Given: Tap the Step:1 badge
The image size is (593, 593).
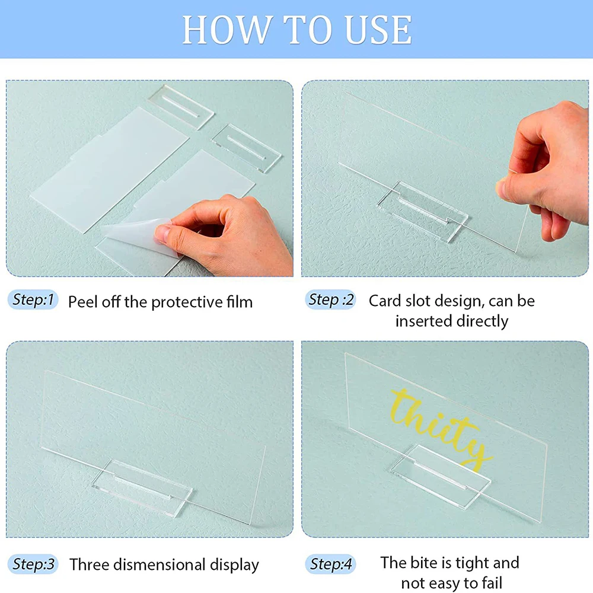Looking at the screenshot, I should pyautogui.click(x=33, y=300).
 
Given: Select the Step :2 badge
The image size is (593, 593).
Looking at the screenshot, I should pyautogui.click(x=331, y=300).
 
